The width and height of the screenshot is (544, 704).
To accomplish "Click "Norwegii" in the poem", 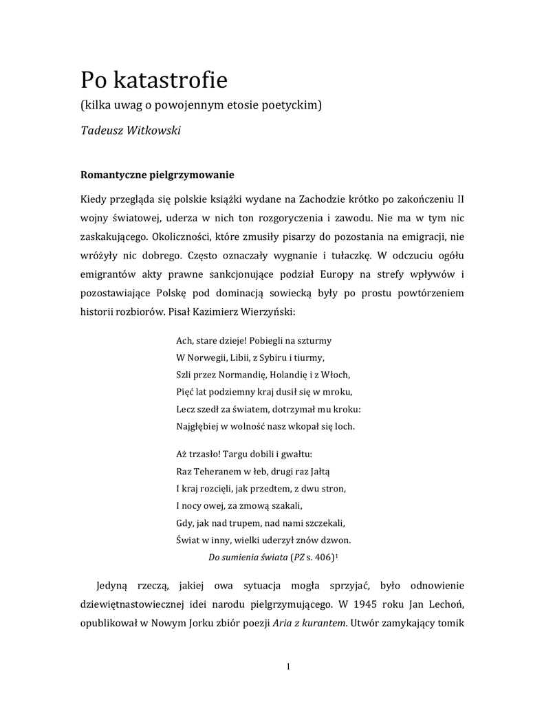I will [210, 357].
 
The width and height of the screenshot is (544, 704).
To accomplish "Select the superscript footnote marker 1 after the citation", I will [336, 555].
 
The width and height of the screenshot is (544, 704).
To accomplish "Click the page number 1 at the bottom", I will [289, 667].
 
